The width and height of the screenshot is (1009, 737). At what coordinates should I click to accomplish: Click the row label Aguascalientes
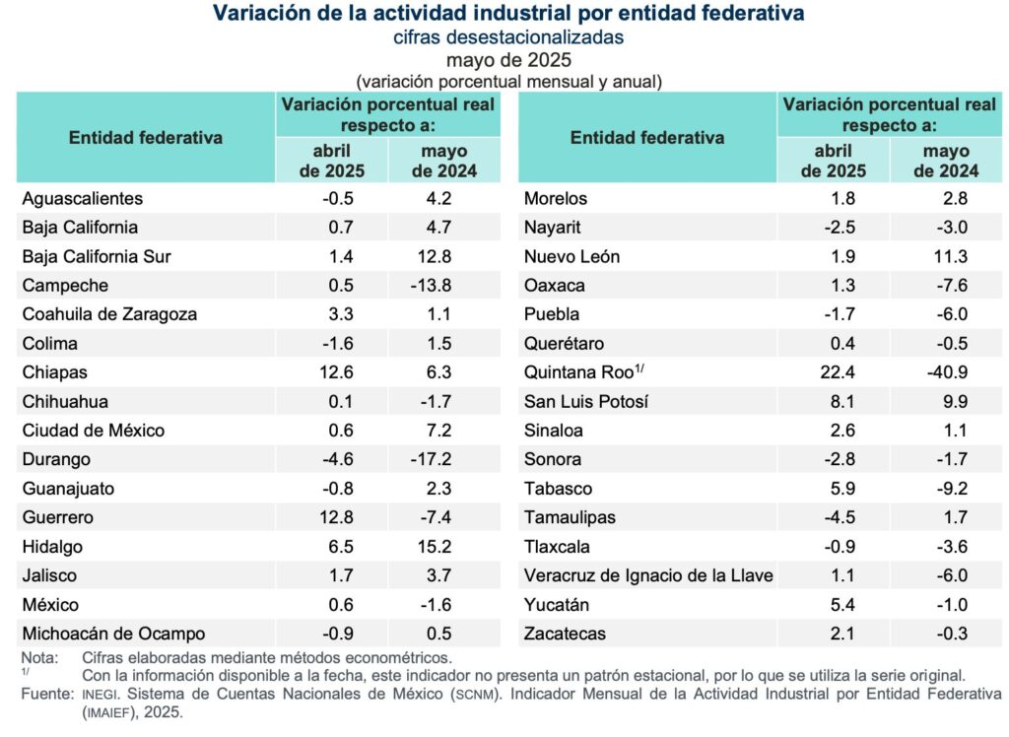pyautogui.click(x=82, y=198)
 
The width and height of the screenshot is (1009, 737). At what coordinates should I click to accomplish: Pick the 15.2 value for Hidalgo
pyautogui.click(x=448, y=546)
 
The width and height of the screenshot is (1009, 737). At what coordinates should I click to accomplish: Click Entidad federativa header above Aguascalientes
pyautogui.click(x=145, y=138)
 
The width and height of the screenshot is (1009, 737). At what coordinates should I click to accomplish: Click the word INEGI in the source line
pyautogui.click(x=100, y=696)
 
